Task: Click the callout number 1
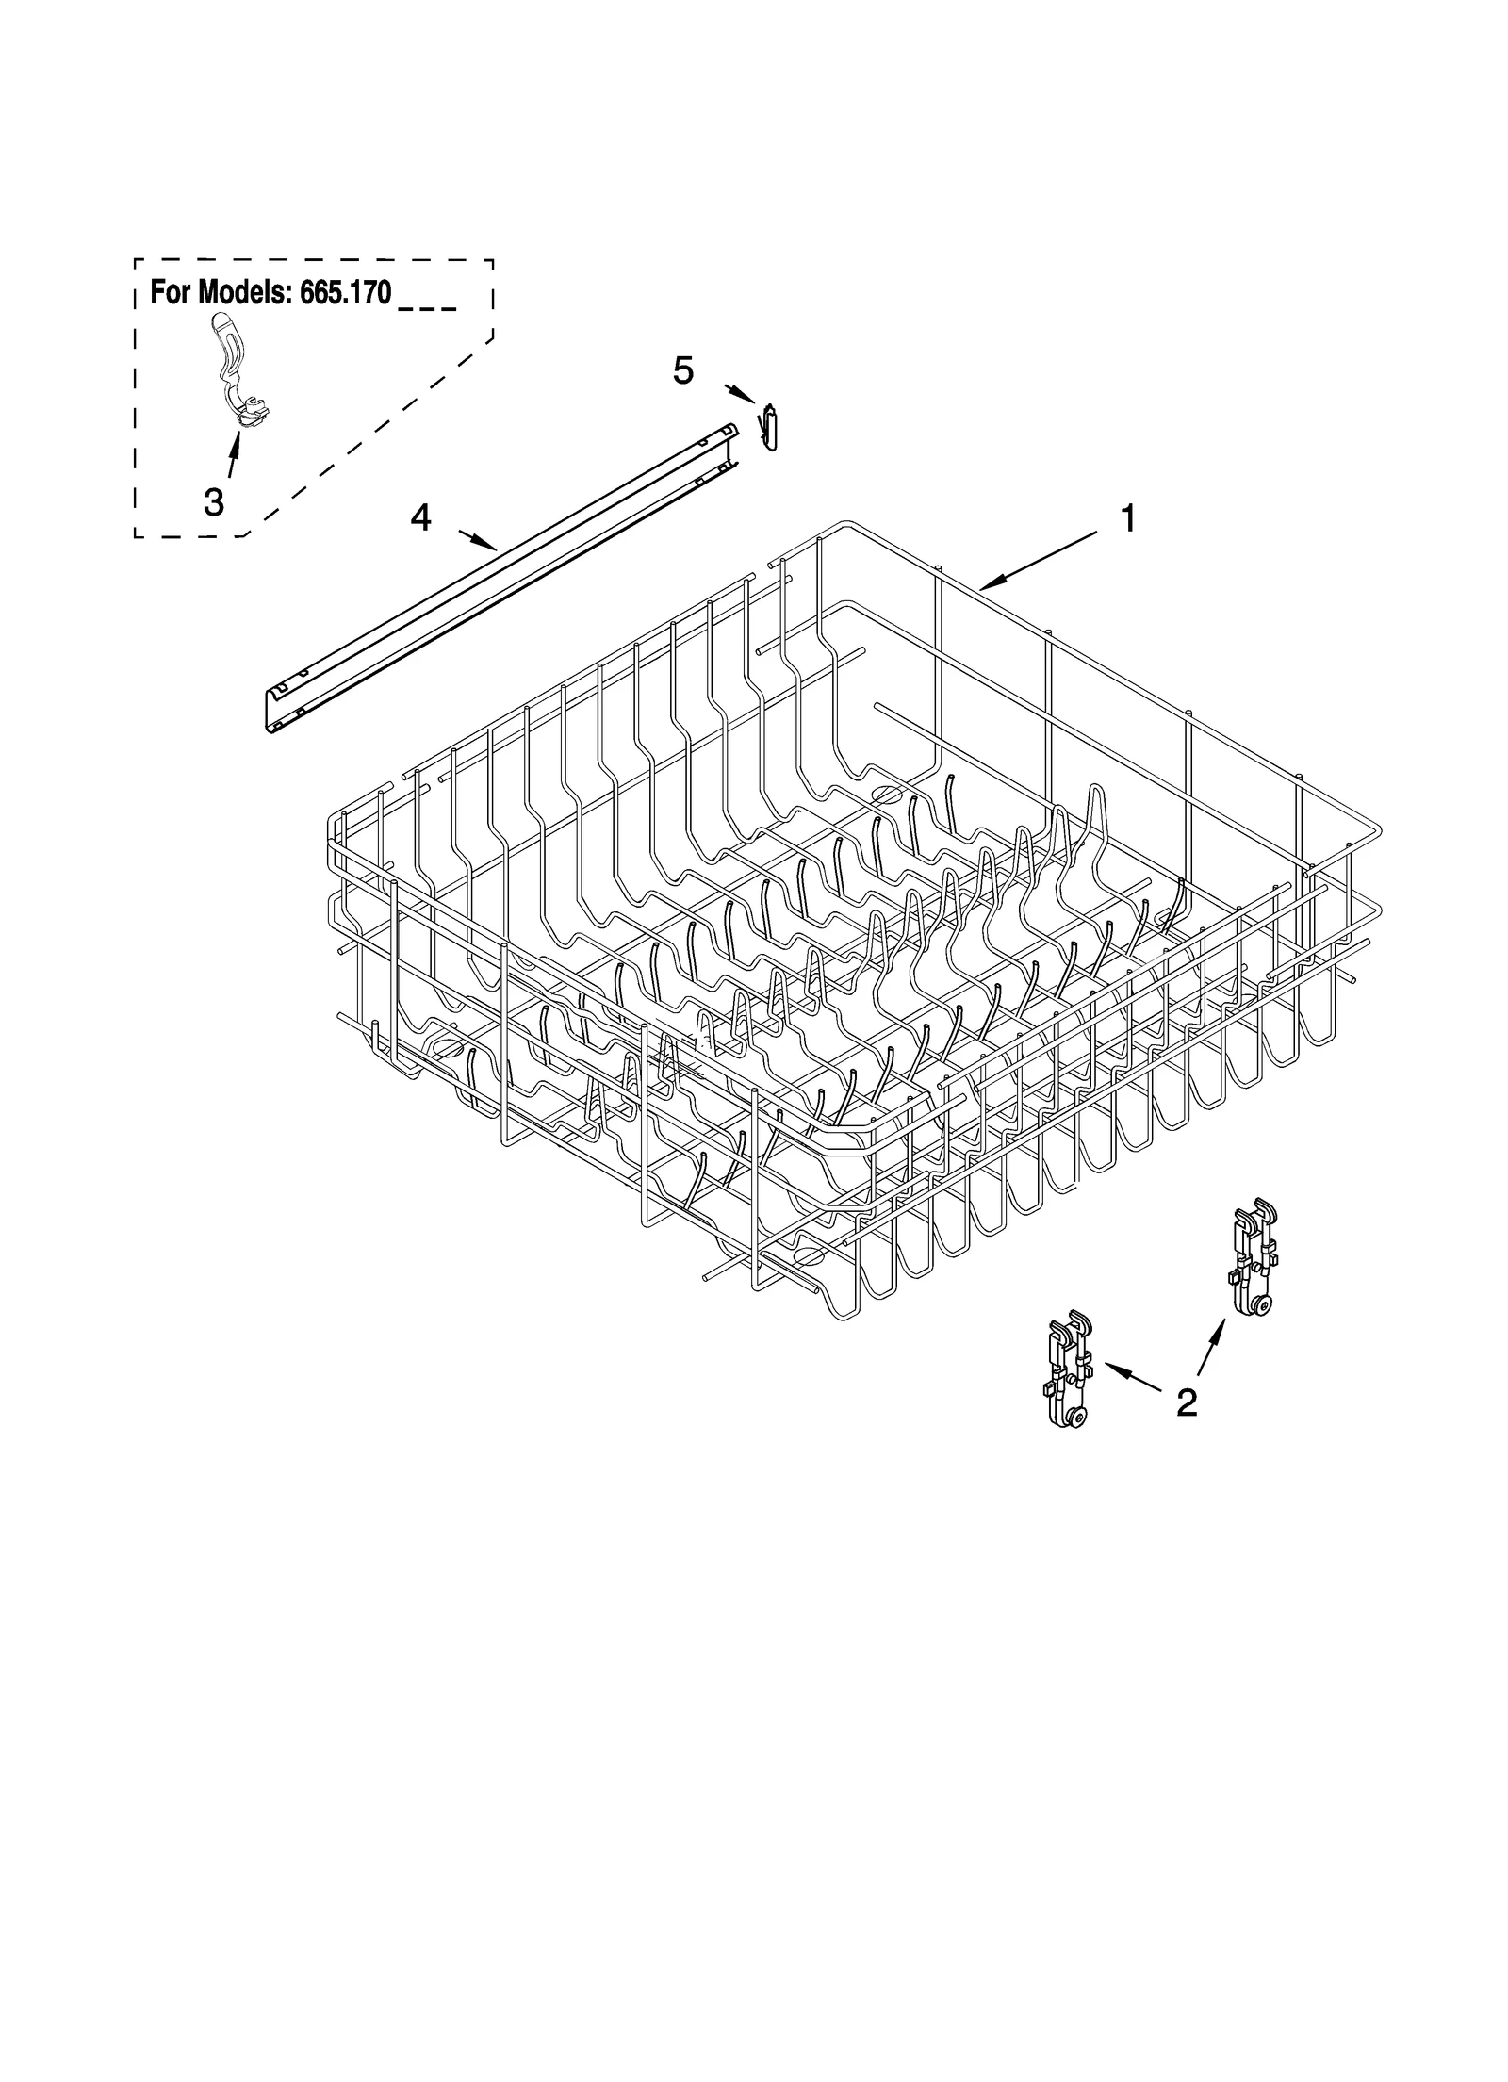pos(1126,518)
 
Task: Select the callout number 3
pos(214,502)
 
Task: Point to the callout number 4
pos(420,516)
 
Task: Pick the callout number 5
pos(683,371)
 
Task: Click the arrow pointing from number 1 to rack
pos(1037,561)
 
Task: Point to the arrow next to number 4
pos(478,540)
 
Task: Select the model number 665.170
pos(345,293)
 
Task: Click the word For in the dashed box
pos(170,293)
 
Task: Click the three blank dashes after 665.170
pos(428,307)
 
